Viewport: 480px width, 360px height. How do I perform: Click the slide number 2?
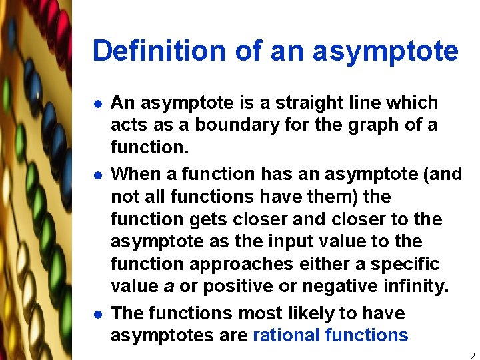point(472,356)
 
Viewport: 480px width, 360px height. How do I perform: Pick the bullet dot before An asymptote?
point(97,104)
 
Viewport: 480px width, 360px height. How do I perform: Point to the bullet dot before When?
point(97,175)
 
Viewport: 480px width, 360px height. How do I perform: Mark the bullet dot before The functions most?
point(97,314)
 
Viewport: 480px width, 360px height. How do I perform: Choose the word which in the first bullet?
point(413,103)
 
